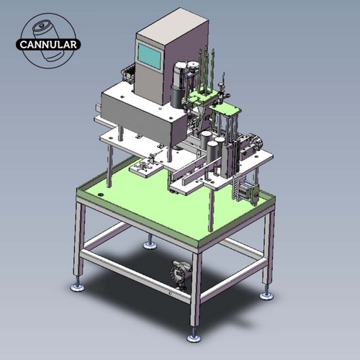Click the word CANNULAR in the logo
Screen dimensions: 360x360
tap(50, 43)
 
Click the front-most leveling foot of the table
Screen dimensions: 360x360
tap(194, 337)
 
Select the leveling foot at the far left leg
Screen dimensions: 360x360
tap(76, 286)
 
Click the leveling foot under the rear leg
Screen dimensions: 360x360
tap(150, 244)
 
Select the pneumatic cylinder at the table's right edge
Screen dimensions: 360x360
tap(249, 189)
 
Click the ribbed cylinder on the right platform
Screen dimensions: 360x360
tap(252, 143)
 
